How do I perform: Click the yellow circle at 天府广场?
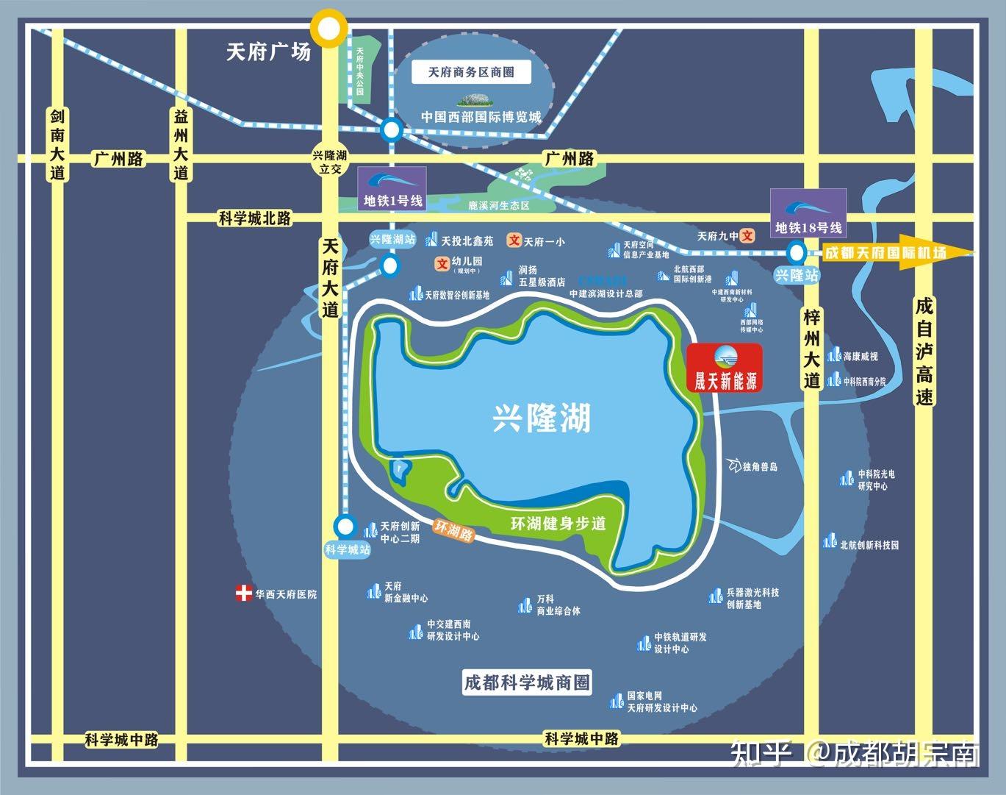click(327, 29)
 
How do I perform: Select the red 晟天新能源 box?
click(725, 367)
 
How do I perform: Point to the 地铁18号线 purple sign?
click(808, 214)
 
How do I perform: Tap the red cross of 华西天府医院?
click(243, 593)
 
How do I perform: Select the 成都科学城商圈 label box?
click(527, 682)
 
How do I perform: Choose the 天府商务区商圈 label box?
click(471, 72)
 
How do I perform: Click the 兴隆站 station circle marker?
click(795, 253)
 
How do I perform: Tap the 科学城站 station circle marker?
click(344, 526)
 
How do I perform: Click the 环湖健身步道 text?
click(558, 524)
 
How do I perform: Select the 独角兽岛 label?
click(759, 466)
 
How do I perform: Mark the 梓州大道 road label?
click(811, 349)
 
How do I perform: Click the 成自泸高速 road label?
click(924, 351)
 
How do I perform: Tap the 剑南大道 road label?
click(58, 145)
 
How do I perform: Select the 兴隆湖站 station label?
click(392, 239)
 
